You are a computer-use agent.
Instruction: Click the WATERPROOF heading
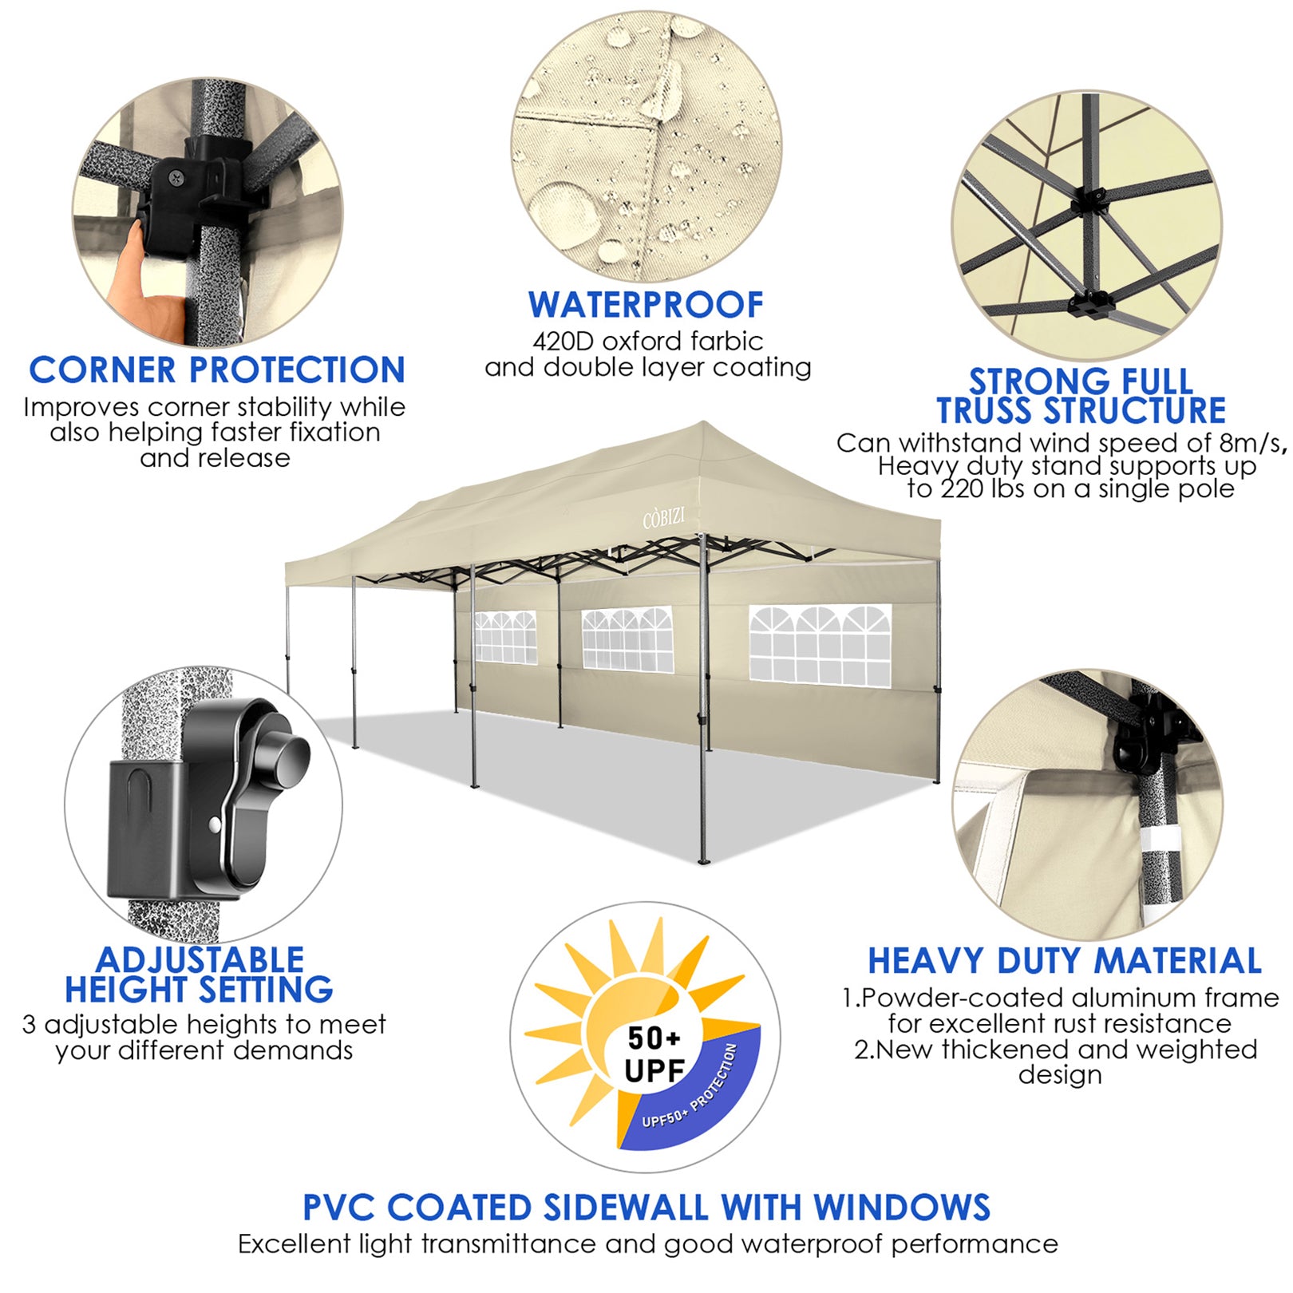(x=646, y=305)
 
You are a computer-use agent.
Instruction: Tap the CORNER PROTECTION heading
(x=217, y=370)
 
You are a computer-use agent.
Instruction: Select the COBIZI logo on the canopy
(x=663, y=519)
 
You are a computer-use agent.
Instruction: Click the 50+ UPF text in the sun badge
(x=654, y=1054)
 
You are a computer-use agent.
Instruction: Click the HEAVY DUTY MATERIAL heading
(x=1065, y=961)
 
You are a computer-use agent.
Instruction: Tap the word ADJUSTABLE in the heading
(x=200, y=959)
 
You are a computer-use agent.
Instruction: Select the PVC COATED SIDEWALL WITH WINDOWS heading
(x=646, y=1208)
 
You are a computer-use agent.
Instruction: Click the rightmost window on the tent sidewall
(x=820, y=645)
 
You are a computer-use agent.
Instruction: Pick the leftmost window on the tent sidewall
(x=505, y=637)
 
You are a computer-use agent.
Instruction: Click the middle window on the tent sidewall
(x=627, y=639)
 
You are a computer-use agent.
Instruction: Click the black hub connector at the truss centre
(x=1089, y=200)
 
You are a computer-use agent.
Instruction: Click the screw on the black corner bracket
(x=175, y=180)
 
